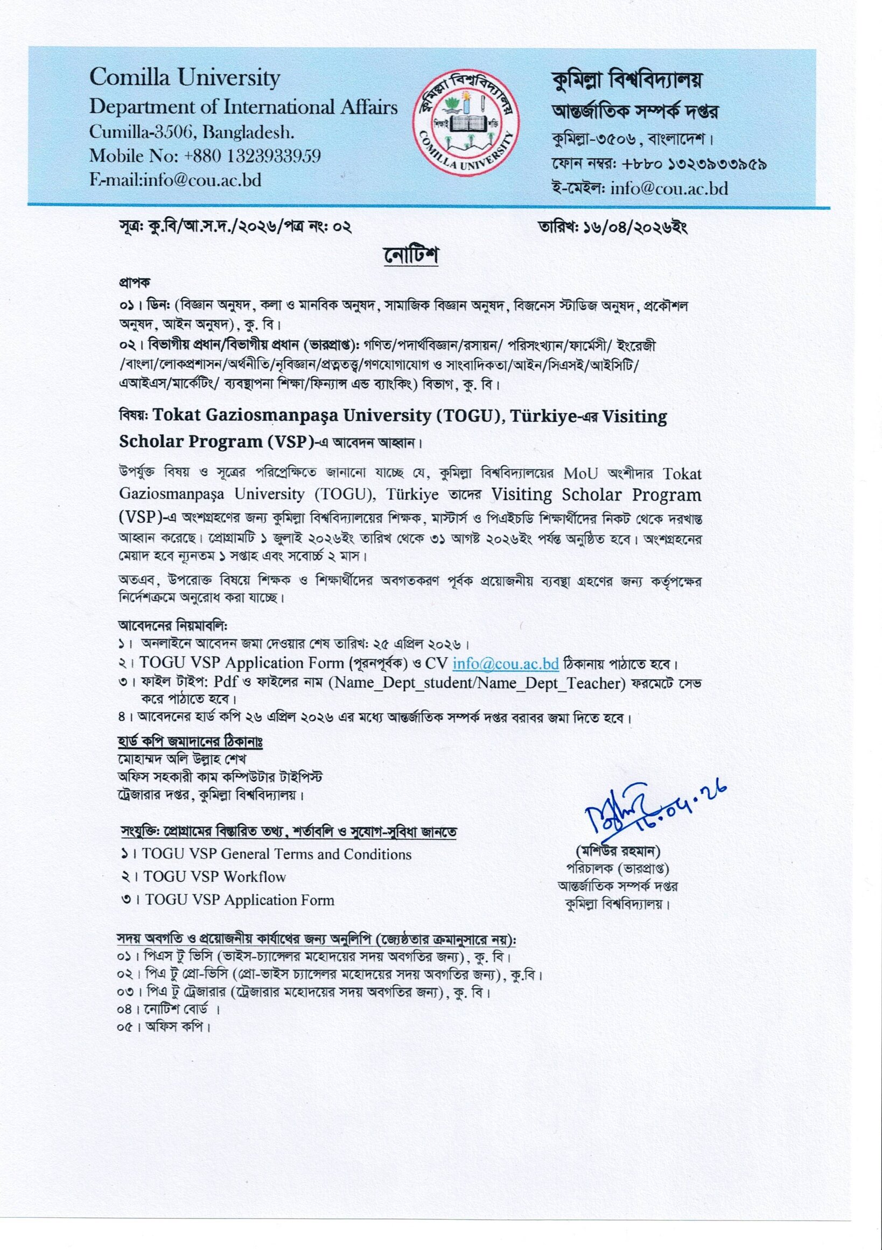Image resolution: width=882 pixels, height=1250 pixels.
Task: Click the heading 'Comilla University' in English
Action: click(x=185, y=78)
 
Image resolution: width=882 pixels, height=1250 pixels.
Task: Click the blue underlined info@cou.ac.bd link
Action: click(x=506, y=664)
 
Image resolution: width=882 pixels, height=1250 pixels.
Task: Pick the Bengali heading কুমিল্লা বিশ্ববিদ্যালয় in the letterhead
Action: click(x=626, y=81)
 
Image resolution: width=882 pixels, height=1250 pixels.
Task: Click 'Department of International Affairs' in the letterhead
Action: click(x=243, y=107)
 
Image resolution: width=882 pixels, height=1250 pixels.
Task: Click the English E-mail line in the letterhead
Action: click(x=176, y=180)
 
